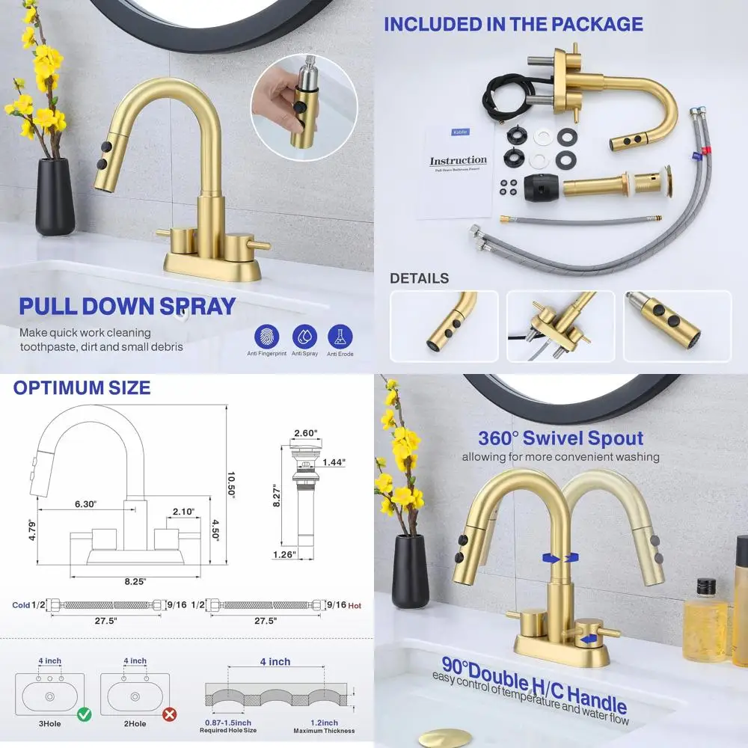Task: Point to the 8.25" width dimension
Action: point(135,580)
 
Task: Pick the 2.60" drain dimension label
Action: point(306,433)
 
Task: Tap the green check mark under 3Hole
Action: point(85,714)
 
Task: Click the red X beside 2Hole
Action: point(170,714)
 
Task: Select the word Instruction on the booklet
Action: point(458,161)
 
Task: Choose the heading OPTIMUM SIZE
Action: point(82,387)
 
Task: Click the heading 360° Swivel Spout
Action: point(560,438)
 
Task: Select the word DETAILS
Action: point(419,278)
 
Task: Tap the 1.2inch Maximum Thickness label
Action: point(324,726)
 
